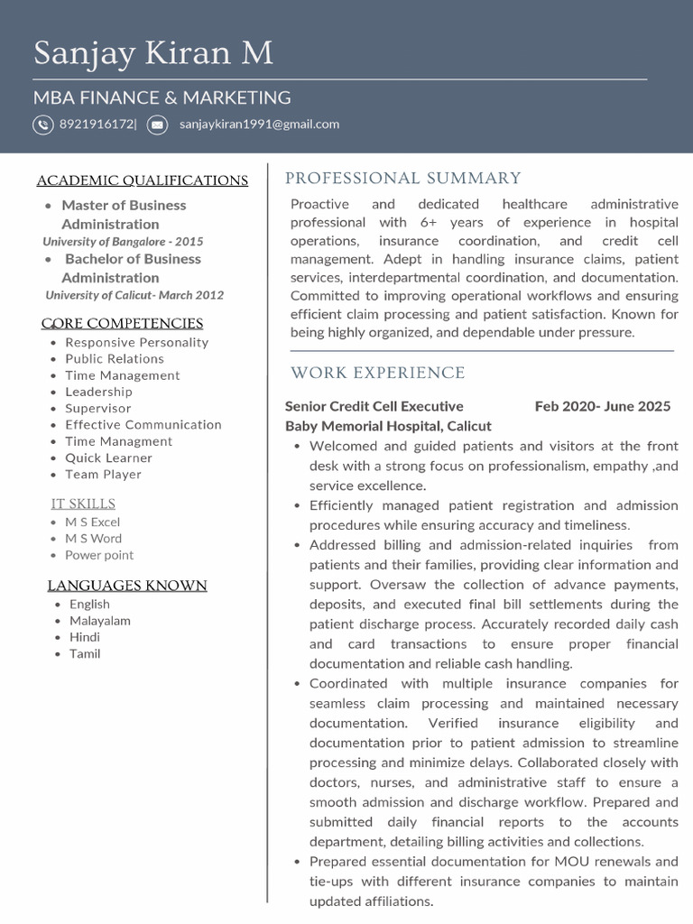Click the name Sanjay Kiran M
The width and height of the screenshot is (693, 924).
click(153, 54)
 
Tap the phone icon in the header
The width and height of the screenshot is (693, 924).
click(43, 125)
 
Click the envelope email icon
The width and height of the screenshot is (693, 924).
click(157, 125)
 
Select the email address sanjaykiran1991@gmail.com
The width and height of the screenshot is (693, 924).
click(259, 125)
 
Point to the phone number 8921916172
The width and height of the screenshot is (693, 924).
click(97, 125)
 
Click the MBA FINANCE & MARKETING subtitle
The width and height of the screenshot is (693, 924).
click(162, 97)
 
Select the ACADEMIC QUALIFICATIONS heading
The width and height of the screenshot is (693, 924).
click(143, 180)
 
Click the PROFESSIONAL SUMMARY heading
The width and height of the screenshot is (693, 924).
click(403, 179)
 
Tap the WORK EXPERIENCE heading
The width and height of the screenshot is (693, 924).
click(378, 373)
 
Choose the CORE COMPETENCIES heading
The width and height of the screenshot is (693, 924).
click(123, 323)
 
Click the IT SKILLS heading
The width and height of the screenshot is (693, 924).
click(83, 504)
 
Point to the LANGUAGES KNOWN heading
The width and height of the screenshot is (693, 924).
click(127, 586)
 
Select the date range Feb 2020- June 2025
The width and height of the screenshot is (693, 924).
click(603, 406)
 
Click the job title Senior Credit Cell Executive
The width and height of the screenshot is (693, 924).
click(374, 406)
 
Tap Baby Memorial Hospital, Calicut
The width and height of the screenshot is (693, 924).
click(388, 426)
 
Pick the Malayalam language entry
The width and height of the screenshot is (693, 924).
click(100, 621)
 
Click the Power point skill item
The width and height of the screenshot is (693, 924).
click(99, 555)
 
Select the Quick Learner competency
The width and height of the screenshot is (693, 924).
click(108, 457)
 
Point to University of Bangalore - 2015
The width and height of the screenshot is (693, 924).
click(123, 242)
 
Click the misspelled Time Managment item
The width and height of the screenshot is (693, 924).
click(118, 441)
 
